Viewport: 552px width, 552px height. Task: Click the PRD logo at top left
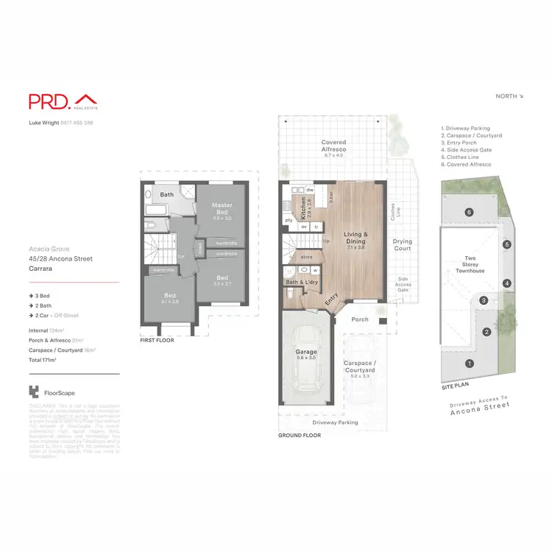click(x=63, y=102)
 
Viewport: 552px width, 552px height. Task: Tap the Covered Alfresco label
click(x=334, y=148)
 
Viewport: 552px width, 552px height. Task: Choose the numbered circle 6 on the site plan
click(x=469, y=213)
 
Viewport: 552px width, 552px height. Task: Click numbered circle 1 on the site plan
click(x=470, y=363)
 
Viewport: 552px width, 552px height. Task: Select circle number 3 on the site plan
click(x=484, y=300)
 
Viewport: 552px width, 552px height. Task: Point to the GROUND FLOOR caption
click(x=299, y=436)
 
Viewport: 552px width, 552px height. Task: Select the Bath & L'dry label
click(x=302, y=283)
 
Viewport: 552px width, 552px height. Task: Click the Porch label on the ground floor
click(x=360, y=319)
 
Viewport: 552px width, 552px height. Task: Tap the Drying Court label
click(x=402, y=244)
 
